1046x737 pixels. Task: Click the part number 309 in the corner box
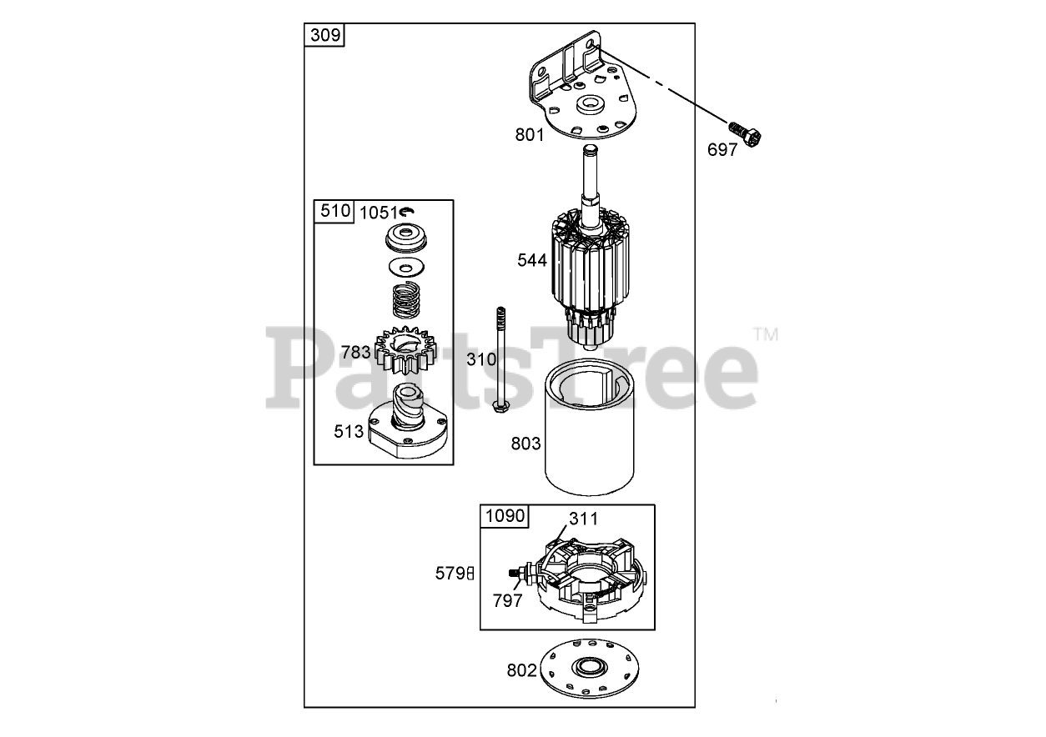coord(325,35)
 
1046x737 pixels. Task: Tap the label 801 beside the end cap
coord(530,135)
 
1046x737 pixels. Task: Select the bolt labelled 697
coord(745,134)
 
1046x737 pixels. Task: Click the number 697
coord(722,150)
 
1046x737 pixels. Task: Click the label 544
coord(532,260)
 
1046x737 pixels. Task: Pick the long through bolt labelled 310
coord(500,360)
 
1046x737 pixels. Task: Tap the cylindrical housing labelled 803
coord(589,427)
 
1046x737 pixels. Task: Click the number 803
coord(526,444)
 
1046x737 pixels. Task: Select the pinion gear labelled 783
coord(405,350)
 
